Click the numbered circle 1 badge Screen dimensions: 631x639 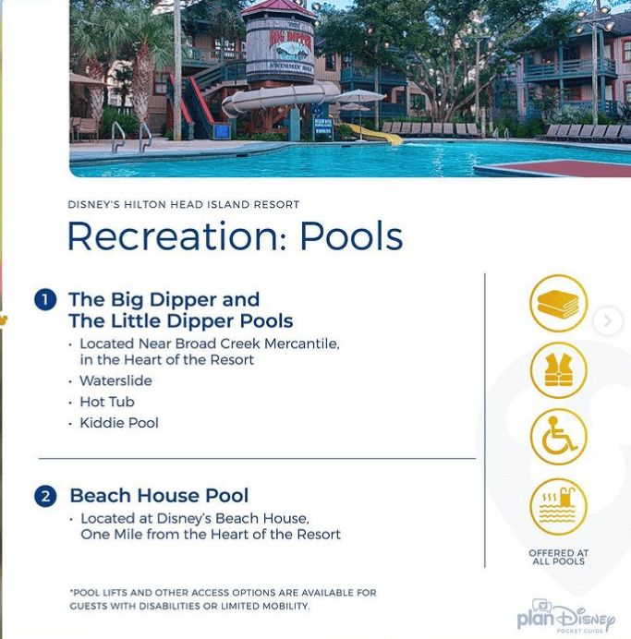pos(45,300)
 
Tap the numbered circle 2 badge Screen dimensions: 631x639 pos(45,497)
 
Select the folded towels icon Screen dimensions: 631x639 pos(558,303)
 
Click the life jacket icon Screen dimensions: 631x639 pos(558,370)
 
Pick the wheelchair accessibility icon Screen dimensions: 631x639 pos(558,437)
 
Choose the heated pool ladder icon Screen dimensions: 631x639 pos(558,507)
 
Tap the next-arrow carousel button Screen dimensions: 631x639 pos(608,320)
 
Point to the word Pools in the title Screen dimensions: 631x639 pos(351,236)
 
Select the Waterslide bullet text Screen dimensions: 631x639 pos(115,380)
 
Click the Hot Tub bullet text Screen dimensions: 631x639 pos(107,402)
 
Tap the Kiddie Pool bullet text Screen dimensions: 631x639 pos(119,423)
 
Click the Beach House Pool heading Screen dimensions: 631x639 pos(159,496)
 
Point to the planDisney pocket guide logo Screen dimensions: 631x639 pos(565,617)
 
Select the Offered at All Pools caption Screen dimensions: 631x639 pos(558,557)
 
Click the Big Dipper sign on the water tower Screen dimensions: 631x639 pos(290,47)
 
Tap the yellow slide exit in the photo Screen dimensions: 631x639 pos(374,134)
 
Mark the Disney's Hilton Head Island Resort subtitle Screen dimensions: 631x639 pos(184,204)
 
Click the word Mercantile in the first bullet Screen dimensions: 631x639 pos(301,344)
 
